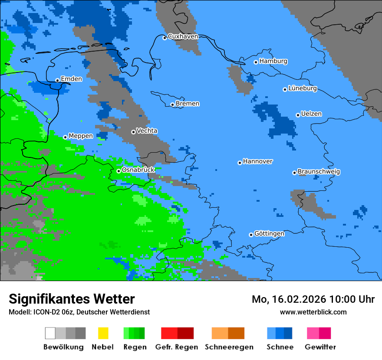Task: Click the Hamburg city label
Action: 273,61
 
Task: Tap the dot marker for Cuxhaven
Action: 165,38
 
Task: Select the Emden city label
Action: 71,79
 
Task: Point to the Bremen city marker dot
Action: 172,105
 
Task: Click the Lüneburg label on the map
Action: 302,88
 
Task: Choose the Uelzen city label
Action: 311,114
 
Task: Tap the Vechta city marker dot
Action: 133,132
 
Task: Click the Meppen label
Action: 80,136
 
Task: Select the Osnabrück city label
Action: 138,170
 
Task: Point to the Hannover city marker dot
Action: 240,163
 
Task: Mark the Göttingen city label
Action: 269,234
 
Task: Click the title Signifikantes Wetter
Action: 72,299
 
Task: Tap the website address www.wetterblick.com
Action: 313,312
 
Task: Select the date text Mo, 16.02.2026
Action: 289,299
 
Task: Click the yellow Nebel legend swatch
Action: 103,333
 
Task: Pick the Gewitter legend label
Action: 320,347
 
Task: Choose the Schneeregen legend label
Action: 228,347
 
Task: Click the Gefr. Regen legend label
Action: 176,347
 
